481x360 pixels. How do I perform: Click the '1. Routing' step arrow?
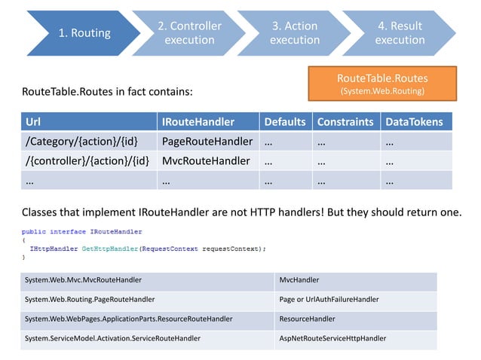(x=84, y=32)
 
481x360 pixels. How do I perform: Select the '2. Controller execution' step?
(x=189, y=32)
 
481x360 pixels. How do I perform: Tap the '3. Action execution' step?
(x=294, y=32)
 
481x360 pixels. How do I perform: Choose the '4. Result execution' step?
(x=400, y=32)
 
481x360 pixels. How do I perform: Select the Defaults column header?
(x=284, y=122)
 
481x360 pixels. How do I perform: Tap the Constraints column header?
(x=345, y=122)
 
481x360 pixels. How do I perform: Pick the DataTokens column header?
(x=415, y=122)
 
